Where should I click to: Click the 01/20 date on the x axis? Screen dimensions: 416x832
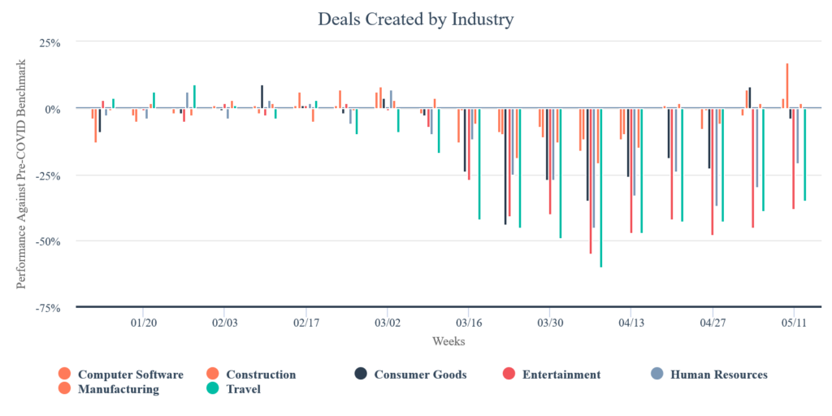(143, 322)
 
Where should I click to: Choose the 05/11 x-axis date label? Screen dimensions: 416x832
(794, 322)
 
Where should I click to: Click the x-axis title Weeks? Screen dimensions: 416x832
(448, 341)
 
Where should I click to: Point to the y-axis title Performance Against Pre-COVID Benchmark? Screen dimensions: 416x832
(22, 174)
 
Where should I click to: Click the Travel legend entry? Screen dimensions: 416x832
(243, 389)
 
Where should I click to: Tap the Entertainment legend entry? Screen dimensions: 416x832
(561, 375)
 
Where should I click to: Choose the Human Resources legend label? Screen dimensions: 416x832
(718, 375)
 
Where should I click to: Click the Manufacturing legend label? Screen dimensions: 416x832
(118, 389)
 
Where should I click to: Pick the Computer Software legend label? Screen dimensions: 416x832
(130, 375)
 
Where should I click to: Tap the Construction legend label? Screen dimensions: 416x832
(260, 375)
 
